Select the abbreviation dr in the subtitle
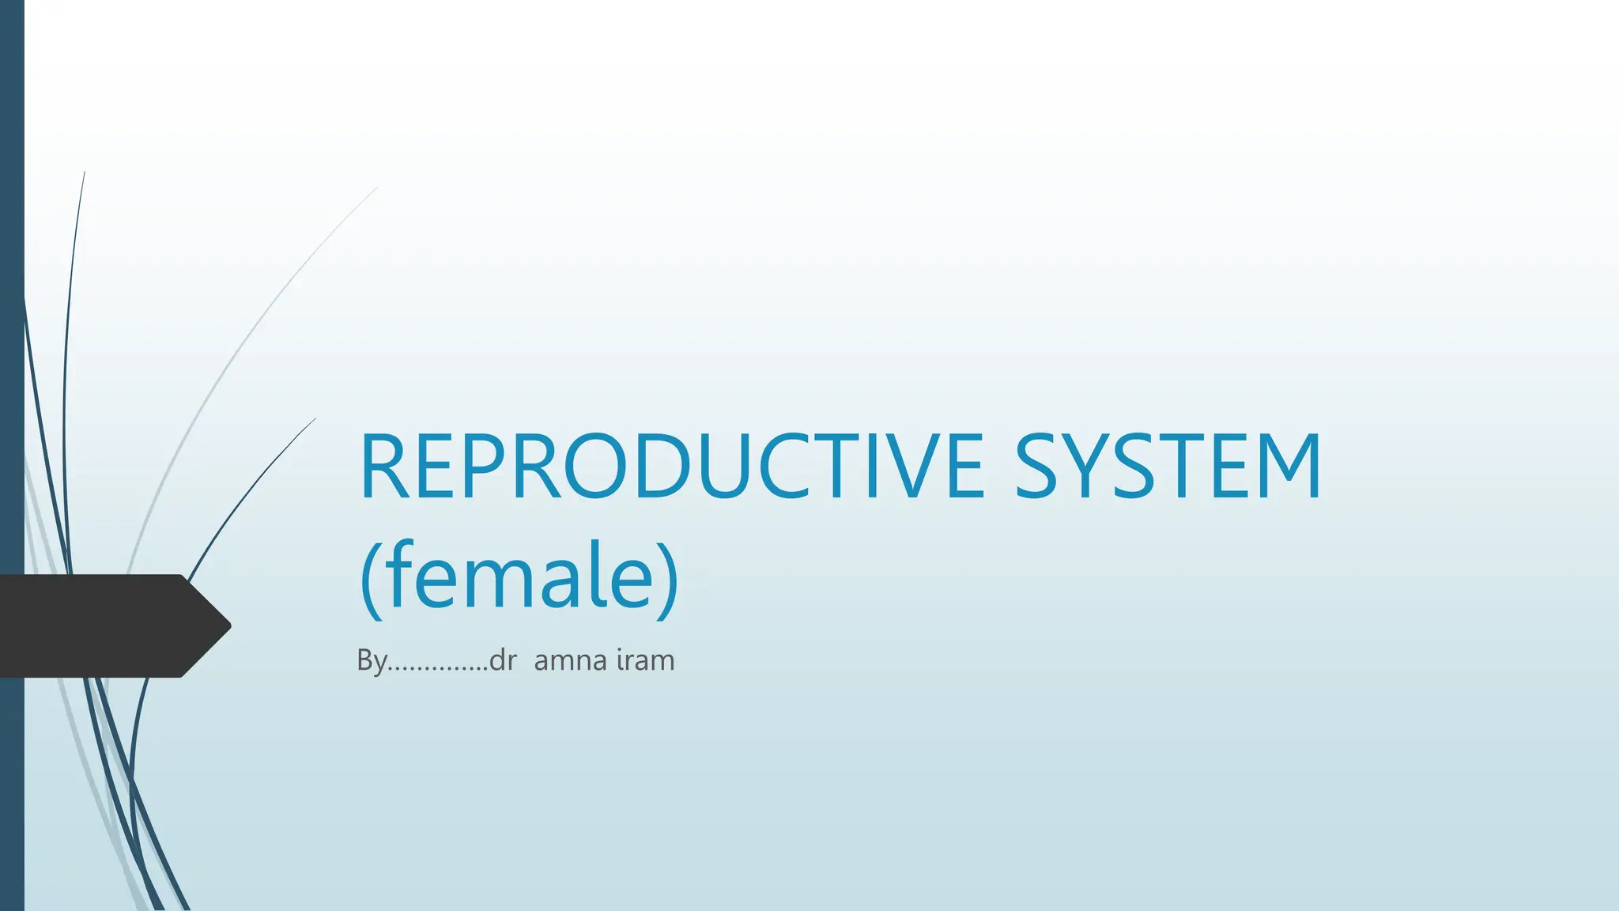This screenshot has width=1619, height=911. [x=503, y=660]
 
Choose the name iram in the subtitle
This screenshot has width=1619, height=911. [x=645, y=660]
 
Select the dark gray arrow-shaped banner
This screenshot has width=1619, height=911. [x=103, y=626]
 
